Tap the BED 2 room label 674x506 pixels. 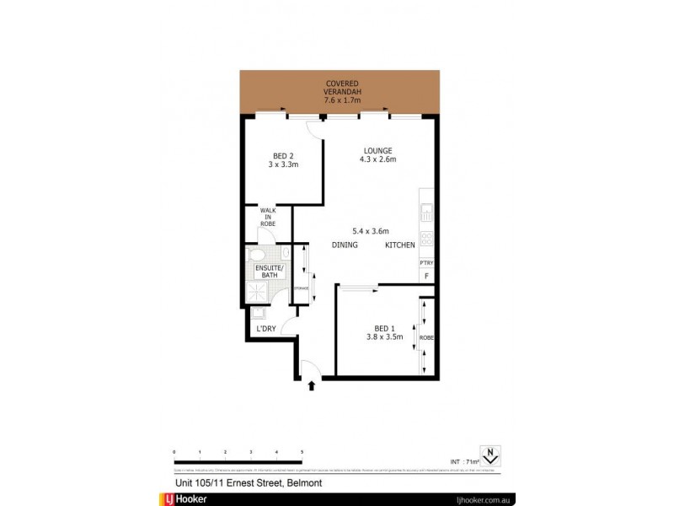[283, 160]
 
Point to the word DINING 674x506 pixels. [345, 245]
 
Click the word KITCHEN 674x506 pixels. [400, 245]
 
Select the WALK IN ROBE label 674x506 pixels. [268, 217]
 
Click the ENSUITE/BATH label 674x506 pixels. [270, 272]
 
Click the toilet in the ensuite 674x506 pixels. [259, 254]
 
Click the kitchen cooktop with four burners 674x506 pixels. [426, 240]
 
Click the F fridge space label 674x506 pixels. [426, 277]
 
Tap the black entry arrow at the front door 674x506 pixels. [313, 386]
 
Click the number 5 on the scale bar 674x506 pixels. [302, 453]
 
